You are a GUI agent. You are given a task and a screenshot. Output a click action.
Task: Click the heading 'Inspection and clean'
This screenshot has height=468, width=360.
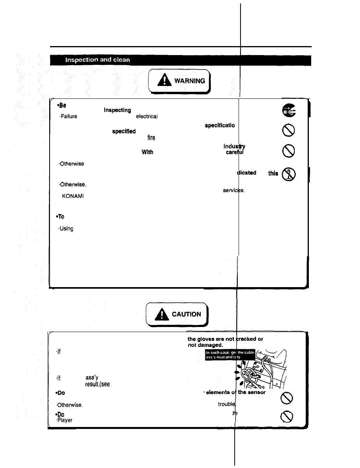click(97, 61)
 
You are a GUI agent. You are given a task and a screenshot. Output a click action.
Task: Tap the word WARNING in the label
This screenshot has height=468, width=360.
click(189, 81)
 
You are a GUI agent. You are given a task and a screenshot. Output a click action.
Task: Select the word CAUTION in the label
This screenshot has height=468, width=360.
click(188, 314)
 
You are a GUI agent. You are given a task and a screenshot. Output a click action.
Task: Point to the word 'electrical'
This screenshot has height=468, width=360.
click(146, 116)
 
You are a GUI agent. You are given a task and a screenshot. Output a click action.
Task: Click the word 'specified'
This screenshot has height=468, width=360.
click(124, 132)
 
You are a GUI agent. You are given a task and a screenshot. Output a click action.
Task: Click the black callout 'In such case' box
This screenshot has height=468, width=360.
click(230, 355)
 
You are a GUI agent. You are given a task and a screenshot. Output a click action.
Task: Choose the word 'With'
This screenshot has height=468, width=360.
click(147, 153)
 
